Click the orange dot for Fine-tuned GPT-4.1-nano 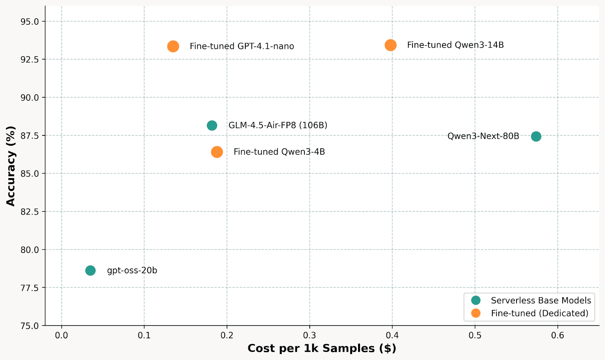pyautogui.click(x=173, y=47)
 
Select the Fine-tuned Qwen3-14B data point pyautogui.click(x=391, y=45)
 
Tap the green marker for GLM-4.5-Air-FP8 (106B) pyautogui.click(x=212, y=126)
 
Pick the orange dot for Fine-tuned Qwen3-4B pyautogui.click(x=217, y=152)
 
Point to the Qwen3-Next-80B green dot pyautogui.click(x=536, y=137)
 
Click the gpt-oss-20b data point pyautogui.click(x=90, y=271)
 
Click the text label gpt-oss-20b pyautogui.click(x=132, y=271)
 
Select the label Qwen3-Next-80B pyautogui.click(x=483, y=137)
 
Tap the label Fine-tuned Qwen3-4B pyautogui.click(x=279, y=152)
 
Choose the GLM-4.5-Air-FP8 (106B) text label pyautogui.click(x=278, y=126)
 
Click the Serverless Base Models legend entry pyautogui.click(x=541, y=301)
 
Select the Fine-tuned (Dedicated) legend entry pyautogui.click(x=540, y=313)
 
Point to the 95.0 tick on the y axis pyautogui.click(x=30, y=22)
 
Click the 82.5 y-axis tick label pyautogui.click(x=30, y=212)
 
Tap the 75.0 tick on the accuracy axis pyautogui.click(x=30, y=326)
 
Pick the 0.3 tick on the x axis pyautogui.click(x=310, y=335)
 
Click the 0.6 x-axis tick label pyautogui.click(x=557, y=335)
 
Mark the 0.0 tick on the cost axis pyautogui.click(x=61, y=335)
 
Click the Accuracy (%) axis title pyautogui.click(x=11, y=166)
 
